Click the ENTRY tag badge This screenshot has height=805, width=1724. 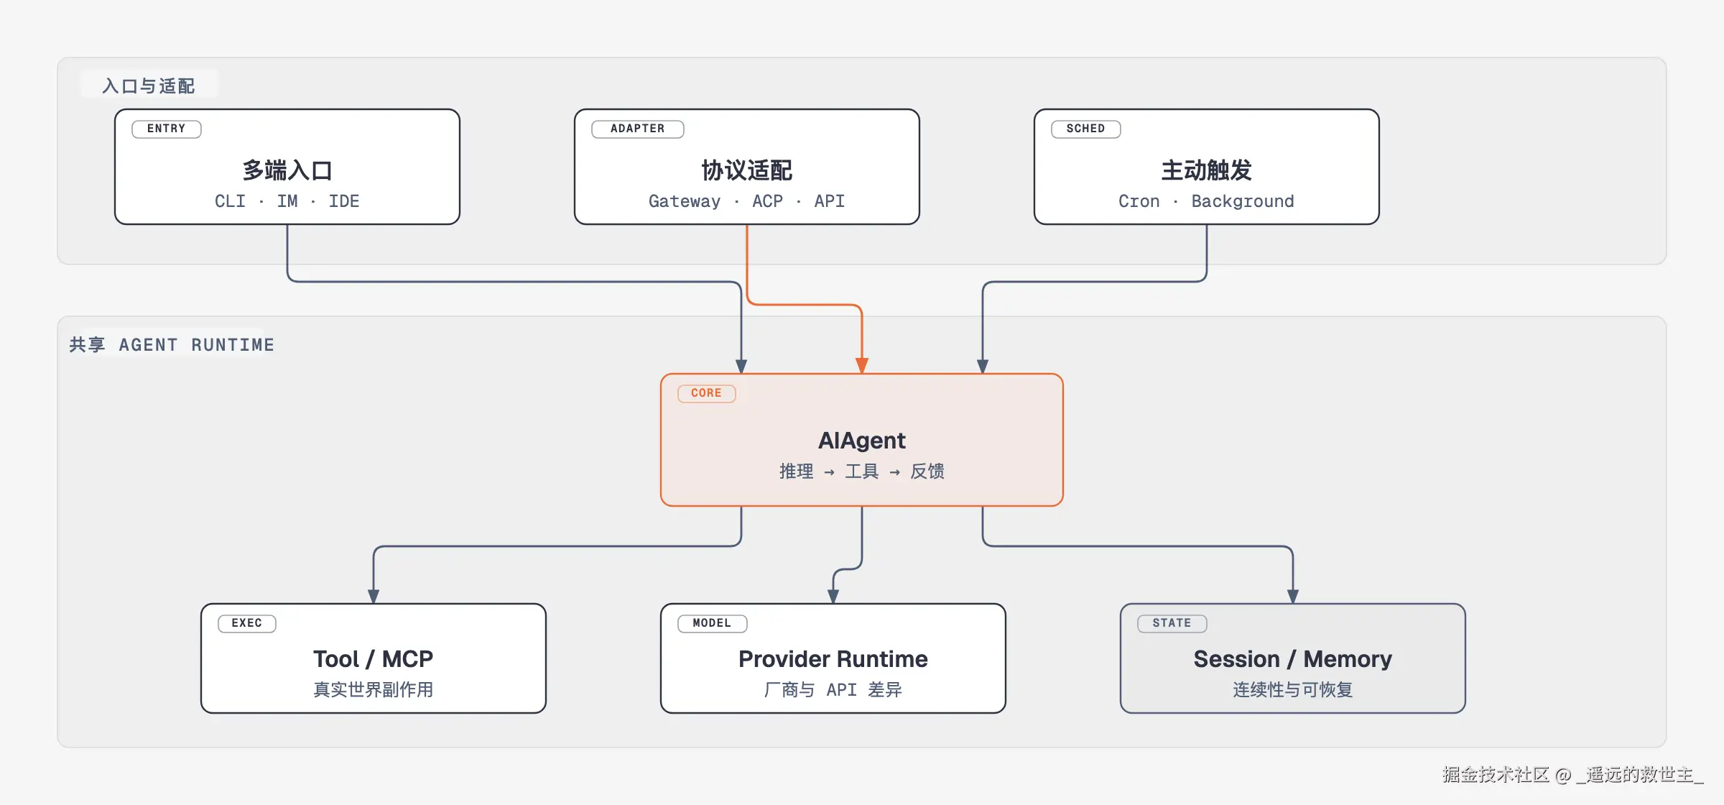tap(167, 129)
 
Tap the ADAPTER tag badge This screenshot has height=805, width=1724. tap(638, 129)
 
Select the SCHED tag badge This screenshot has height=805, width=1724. tap(1086, 129)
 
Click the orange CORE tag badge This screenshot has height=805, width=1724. tap(707, 393)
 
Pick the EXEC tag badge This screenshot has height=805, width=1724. tap(247, 623)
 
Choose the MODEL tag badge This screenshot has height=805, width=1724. tap(713, 623)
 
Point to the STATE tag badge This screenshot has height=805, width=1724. tap(1172, 623)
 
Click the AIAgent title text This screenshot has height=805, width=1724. tap(862, 440)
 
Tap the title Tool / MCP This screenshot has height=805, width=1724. tap(374, 659)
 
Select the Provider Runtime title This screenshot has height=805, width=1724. tap(833, 659)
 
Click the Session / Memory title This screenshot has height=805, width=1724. tap(1293, 659)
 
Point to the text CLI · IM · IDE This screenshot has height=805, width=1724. tap(287, 201)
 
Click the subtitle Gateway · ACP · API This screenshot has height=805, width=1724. tap(747, 201)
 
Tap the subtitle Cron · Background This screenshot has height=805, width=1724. tap(1207, 201)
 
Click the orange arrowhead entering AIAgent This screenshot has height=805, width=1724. tap(862, 365)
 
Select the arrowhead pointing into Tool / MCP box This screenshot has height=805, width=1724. tap(374, 596)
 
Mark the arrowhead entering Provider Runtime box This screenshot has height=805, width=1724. tap(833, 596)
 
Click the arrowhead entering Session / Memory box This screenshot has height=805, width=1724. tap(1293, 596)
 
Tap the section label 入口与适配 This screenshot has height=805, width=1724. tap(149, 86)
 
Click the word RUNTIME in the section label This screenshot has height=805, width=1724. tap(233, 345)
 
